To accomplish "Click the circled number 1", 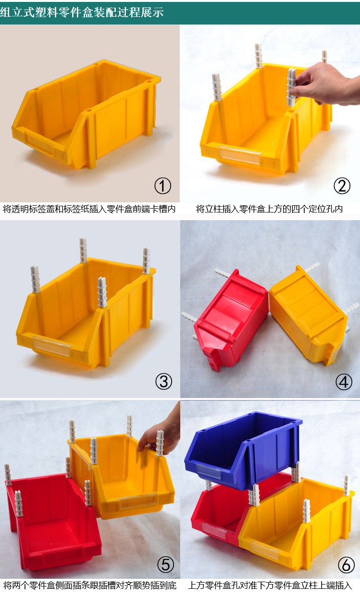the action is [162, 186].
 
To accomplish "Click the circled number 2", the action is [342, 186].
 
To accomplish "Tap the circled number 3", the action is [163, 382].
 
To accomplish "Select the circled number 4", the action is [344, 382].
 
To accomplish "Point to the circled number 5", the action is [165, 565].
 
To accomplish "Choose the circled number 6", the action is [346, 565].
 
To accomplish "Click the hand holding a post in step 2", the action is [327, 83].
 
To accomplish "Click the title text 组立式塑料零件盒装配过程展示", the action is [81, 12].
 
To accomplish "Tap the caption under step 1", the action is [89, 209].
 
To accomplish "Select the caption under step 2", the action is [269, 209].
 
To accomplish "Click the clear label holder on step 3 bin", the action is [52, 346].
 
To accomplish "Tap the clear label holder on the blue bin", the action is [209, 472].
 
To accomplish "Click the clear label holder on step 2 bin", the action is [239, 155].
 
